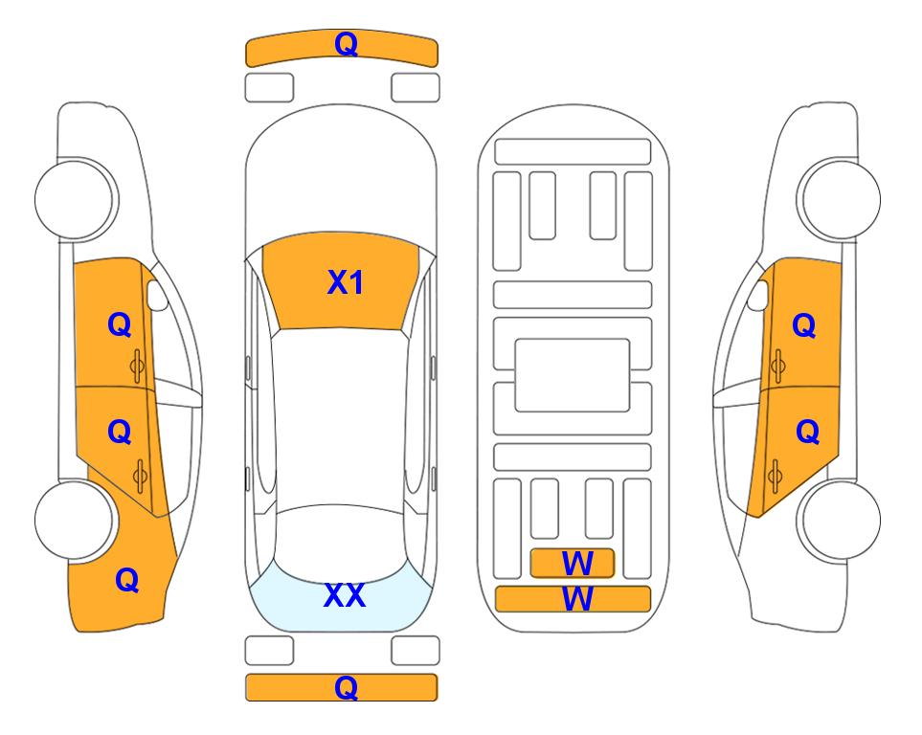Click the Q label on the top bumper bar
click(346, 44)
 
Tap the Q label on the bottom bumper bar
click(346, 687)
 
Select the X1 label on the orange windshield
click(346, 282)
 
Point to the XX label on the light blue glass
click(345, 595)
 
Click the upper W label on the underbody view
click(577, 564)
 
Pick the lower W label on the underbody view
click(577, 598)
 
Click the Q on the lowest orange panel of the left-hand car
click(127, 580)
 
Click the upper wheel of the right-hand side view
click(839, 199)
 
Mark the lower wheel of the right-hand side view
click(839, 520)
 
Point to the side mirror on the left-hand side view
click(157, 295)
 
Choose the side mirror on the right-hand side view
click(758, 295)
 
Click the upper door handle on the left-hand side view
click(138, 366)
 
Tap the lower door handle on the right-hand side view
click(775, 477)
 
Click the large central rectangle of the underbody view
click(573, 375)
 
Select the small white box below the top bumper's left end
click(269, 88)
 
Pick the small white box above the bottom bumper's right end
click(416, 651)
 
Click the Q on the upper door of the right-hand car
click(804, 325)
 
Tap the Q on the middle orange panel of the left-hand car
click(120, 433)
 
